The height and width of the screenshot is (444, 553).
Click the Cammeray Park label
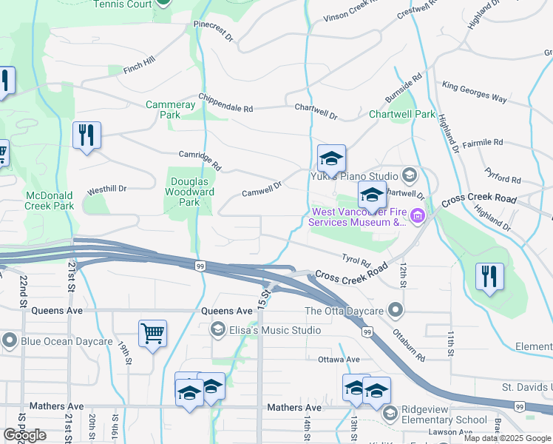pyautogui.click(x=170, y=110)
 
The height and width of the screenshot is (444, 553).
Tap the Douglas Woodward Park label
pyautogui.click(x=192, y=192)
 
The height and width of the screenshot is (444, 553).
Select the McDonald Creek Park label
pyautogui.click(x=49, y=200)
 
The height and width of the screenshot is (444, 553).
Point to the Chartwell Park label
pyautogui.click(x=402, y=115)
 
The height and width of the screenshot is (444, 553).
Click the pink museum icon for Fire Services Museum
pyautogui.click(x=418, y=216)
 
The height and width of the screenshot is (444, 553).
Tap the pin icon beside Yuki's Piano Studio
pyautogui.click(x=410, y=176)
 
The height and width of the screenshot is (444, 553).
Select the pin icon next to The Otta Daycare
pyautogui.click(x=397, y=310)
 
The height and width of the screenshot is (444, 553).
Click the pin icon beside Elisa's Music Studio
pyautogui.click(x=217, y=330)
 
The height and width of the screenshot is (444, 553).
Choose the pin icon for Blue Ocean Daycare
pyautogui.click(x=10, y=341)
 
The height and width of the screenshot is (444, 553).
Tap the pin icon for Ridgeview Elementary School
pyautogui.click(x=390, y=414)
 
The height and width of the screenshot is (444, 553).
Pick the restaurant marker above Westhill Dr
pyautogui.click(x=87, y=135)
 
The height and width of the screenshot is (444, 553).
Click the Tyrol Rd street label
pyautogui.click(x=356, y=259)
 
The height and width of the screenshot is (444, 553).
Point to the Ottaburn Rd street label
pyautogui.click(x=409, y=346)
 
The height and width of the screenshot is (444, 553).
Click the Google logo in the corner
pyautogui.click(x=24, y=436)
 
